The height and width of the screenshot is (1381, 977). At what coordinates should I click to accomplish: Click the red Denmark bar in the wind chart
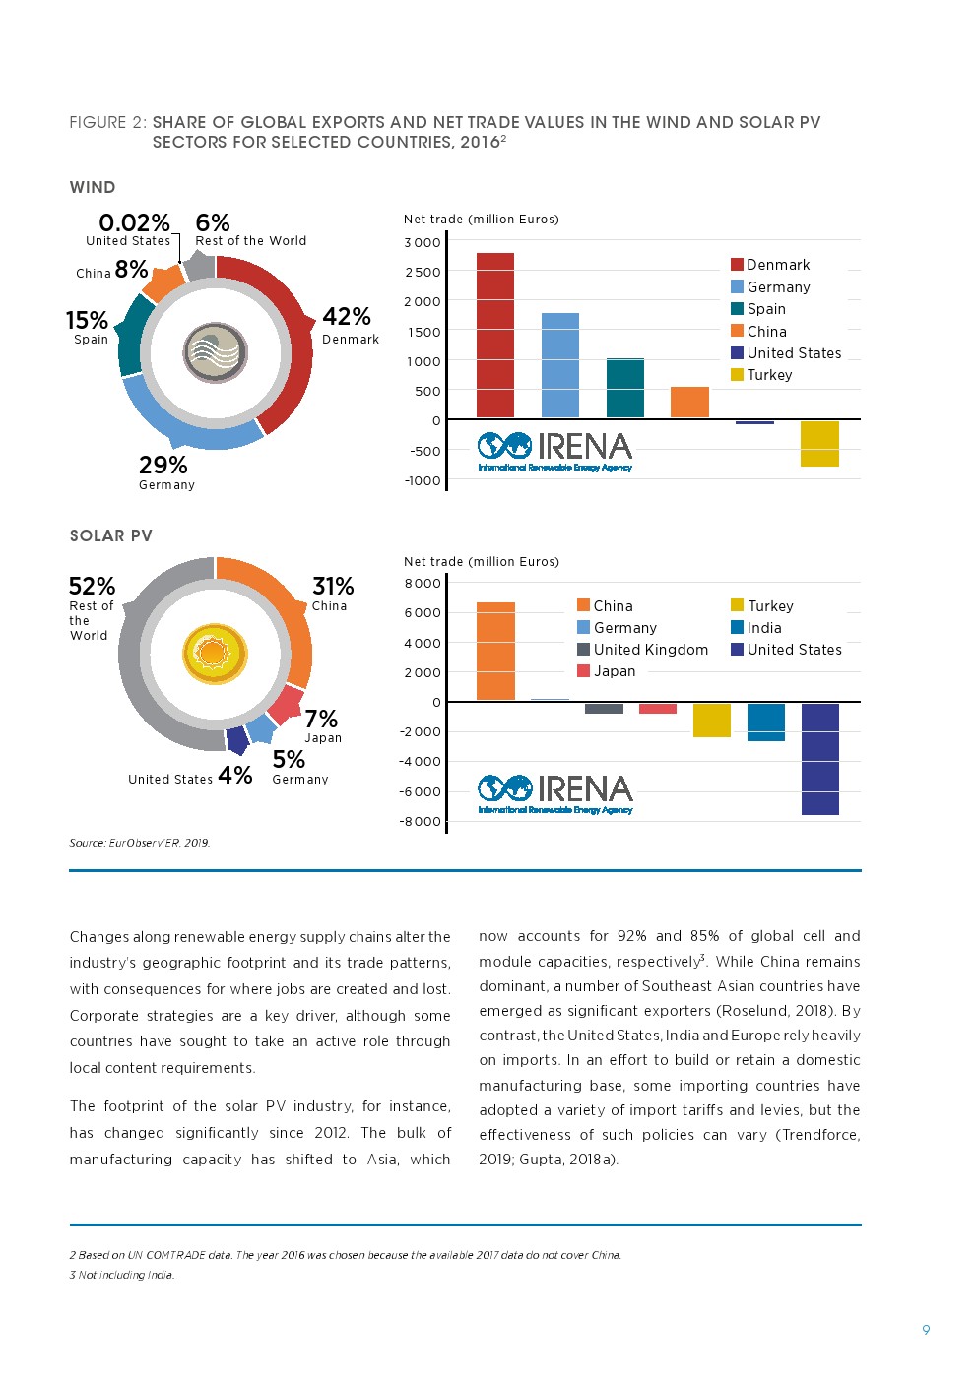(494, 336)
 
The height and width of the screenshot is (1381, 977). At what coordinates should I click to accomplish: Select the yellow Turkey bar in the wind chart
(819, 443)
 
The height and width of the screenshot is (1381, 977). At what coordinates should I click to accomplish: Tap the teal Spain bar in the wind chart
(624, 388)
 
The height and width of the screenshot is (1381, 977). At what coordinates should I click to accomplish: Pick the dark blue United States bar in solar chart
(819, 758)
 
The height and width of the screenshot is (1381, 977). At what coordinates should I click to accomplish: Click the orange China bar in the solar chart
(494, 651)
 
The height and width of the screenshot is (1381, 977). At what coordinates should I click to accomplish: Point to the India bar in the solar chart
(765, 722)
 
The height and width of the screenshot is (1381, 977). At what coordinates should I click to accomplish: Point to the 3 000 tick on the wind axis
(423, 242)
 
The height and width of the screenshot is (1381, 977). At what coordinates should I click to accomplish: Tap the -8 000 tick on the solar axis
(420, 821)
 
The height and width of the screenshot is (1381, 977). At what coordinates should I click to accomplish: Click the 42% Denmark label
(348, 324)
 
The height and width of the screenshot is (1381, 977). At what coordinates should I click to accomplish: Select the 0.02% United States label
(133, 228)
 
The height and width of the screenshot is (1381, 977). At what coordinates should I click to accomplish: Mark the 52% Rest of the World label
(92, 607)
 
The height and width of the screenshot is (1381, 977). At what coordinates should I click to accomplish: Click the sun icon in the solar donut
(214, 654)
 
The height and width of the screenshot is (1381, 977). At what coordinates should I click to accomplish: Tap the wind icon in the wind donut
(215, 351)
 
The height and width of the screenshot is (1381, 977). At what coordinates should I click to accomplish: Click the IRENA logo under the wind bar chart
(555, 452)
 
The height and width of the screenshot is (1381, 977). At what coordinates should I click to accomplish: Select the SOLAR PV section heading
(111, 535)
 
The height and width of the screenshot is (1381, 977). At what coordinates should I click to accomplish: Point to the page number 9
(926, 1330)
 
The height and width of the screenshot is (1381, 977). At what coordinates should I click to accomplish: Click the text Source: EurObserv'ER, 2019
(140, 843)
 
